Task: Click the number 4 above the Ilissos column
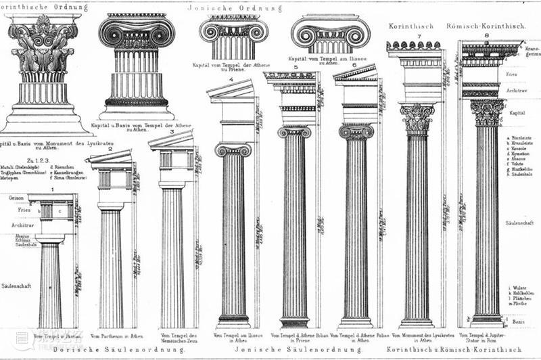click(x=231, y=80)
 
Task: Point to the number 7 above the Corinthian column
click(x=419, y=36)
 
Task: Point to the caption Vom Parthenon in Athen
click(x=116, y=336)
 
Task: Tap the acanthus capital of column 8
click(x=487, y=112)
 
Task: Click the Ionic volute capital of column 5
click(x=294, y=131)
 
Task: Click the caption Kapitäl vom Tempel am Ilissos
click(x=327, y=60)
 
